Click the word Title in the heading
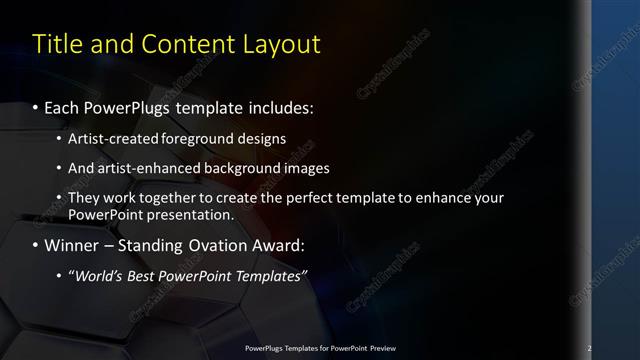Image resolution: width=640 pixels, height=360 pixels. [56, 45]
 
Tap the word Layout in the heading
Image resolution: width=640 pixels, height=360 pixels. [280, 45]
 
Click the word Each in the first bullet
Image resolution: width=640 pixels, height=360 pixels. [63, 106]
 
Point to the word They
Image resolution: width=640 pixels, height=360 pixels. [83, 198]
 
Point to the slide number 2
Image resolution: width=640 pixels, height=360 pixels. [590, 349]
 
